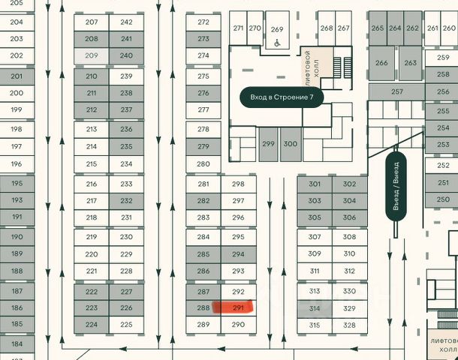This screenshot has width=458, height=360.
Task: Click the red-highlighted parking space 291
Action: (239, 307)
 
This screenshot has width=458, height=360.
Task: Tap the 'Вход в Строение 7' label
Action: (282, 97)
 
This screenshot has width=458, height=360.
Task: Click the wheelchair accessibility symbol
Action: (277, 43)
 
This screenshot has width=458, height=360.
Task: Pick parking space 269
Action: (277, 29)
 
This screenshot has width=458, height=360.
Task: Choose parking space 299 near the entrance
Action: (268, 143)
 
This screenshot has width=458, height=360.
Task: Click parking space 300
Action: (291, 143)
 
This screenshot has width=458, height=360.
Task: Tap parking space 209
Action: (92, 55)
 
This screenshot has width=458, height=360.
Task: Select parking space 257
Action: (397, 91)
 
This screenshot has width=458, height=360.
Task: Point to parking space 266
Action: (382, 63)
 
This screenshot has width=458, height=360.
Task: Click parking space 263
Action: (411, 63)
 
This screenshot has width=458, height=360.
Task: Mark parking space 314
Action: (315, 308)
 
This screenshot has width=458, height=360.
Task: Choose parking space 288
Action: (203, 307)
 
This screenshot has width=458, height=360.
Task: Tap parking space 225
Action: (126, 325)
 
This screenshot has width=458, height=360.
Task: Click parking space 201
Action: (17, 76)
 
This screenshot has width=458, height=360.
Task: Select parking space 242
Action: (126, 22)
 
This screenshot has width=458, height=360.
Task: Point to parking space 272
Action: (203, 22)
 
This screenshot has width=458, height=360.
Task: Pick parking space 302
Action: (350, 184)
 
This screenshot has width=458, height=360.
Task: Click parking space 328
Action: (350, 325)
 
